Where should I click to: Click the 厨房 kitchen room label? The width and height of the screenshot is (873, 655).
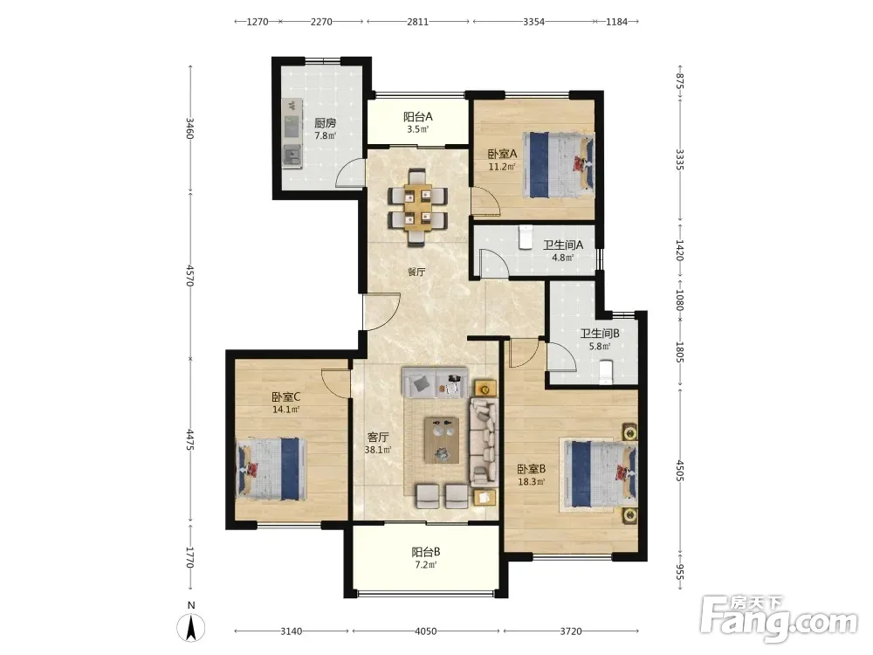[x=325, y=122]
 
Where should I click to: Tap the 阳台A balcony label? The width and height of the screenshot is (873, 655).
[x=417, y=117]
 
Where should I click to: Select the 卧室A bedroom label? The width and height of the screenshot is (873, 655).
[x=503, y=154]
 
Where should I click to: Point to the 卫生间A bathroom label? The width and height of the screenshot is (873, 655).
[x=563, y=245]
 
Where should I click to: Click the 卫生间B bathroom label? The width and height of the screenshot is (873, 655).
[x=600, y=334]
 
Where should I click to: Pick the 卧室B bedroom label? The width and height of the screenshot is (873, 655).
[x=531, y=470]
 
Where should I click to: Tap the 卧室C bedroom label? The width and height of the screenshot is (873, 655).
[x=286, y=397]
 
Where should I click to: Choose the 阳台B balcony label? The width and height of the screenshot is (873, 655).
[x=426, y=552]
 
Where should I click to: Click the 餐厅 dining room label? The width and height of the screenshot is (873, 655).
[x=416, y=272]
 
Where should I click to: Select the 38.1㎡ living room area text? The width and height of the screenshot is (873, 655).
[x=377, y=450]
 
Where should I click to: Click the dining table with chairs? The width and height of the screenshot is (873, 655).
[x=417, y=207]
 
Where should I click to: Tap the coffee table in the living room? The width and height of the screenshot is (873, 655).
[x=442, y=440]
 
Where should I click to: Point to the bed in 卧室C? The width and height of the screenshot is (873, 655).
[x=272, y=468]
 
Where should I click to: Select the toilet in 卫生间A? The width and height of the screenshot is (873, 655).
[x=526, y=237]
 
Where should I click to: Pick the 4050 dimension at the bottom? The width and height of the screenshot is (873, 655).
[x=426, y=631]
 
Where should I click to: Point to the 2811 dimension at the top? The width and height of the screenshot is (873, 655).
[x=417, y=22]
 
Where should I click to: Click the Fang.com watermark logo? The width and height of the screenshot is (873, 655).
[x=779, y=618]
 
